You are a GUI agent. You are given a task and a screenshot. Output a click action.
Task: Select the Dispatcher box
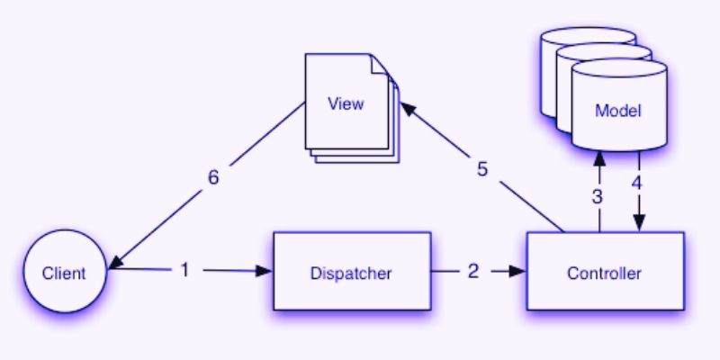tap(352, 271)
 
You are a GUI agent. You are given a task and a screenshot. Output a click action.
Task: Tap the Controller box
tap(604, 271)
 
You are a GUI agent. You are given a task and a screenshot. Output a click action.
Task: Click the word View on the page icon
tap(346, 103)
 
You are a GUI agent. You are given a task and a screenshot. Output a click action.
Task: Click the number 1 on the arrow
tap(185, 269)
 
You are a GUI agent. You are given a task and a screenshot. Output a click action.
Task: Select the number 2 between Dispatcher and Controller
tap(473, 270)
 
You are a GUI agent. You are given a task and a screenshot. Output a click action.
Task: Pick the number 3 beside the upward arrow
tap(598, 195)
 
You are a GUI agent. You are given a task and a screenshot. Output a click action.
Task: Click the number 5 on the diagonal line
tap(483, 169)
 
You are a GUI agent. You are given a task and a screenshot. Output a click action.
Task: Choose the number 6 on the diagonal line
tap(213, 177)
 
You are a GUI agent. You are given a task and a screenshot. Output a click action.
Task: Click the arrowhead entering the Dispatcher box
tap(265, 270)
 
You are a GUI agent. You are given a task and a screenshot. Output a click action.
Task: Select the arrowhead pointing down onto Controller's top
tap(639, 225)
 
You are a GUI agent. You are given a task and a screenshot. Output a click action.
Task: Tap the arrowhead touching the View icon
tap(407, 108)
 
